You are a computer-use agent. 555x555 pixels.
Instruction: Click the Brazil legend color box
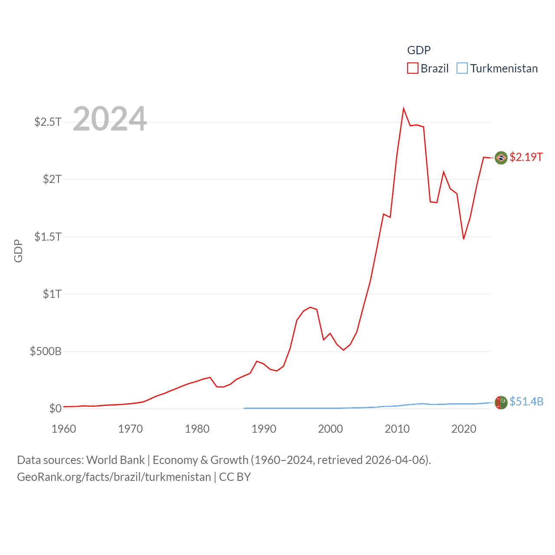point(413,69)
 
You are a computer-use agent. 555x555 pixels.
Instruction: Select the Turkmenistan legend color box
point(462,69)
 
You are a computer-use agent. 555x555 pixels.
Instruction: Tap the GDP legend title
point(419,50)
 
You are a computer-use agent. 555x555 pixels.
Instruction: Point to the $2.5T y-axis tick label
point(48,122)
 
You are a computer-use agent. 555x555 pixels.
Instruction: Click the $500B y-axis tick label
point(46,351)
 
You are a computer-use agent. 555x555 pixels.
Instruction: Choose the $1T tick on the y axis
point(52,294)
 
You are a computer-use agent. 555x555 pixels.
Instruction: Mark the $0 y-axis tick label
point(55,408)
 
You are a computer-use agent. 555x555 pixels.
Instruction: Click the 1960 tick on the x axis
point(64,429)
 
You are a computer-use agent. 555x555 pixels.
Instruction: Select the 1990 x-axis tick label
point(264,429)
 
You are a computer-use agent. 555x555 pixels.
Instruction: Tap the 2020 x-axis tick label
point(464,429)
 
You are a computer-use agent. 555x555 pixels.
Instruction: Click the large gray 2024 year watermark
point(110,119)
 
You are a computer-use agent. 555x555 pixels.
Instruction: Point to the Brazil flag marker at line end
point(501,158)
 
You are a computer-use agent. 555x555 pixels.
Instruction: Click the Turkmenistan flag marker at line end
point(501,402)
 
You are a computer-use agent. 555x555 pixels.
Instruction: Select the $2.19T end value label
point(526,157)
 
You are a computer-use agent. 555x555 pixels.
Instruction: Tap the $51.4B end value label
point(526,402)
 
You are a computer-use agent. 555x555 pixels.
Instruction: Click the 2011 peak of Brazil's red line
point(404,108)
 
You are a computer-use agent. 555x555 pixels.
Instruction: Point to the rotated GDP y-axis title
point(18,251)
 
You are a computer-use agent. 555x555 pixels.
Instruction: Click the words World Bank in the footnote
point(116,460)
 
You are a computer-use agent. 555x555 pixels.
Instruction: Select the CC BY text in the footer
point(235,477)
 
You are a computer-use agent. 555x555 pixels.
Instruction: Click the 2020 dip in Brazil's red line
point(464,239)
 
